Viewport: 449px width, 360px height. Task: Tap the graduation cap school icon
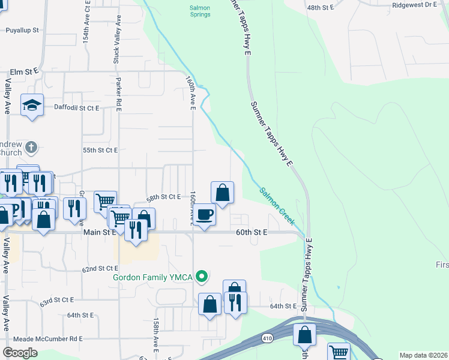click(31, 106)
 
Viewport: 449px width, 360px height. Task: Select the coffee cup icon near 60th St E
click(205, 214)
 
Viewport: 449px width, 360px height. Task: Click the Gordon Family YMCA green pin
click(203, 277)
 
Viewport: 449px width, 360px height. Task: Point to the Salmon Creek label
click(277, 207)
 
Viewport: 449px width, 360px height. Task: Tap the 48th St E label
click(320, 7)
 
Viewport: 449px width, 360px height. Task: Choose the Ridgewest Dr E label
click(414, 4)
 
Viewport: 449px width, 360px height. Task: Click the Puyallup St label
click(22, 29)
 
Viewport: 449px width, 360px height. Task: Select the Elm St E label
click(24, 71)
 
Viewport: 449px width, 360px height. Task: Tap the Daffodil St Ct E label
click(76, 108)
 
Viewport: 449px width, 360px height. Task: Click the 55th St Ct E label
click(100, 149)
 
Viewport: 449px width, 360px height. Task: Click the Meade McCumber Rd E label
click(41, 338)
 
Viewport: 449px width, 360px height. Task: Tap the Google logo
click(20, 353)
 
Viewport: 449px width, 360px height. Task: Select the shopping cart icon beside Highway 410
click(339, 352)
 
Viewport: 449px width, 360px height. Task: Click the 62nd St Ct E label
click(101, 269)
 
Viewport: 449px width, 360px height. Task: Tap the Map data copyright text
click(423, 355)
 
